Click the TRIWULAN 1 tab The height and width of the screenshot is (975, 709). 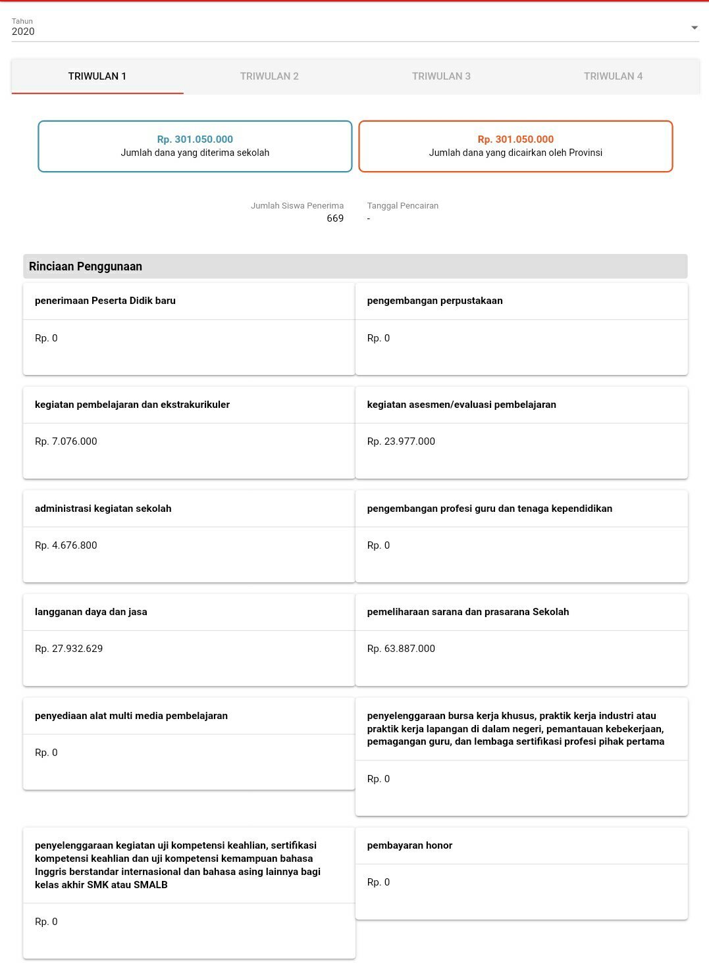coord(97,76)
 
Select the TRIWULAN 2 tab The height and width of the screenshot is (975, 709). coord(269,76)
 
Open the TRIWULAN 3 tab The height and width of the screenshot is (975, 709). coord(441,76)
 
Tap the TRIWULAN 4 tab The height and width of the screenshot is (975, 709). coord(613,76)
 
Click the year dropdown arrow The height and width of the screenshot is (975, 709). coord(694,28)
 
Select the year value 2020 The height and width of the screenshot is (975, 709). coord(24,32)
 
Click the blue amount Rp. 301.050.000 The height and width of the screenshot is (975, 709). coord(195,139)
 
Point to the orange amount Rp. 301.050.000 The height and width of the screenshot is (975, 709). coord(515,139)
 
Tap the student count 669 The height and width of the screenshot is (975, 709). coord(335,218)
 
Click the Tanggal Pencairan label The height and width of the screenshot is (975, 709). coord(403,206)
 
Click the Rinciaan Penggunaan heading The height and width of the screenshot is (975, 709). coord(86,266)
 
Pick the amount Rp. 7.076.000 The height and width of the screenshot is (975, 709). coord(66,441)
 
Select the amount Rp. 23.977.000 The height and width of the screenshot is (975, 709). coord(401,441)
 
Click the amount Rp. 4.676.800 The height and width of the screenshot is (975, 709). coord(66,545)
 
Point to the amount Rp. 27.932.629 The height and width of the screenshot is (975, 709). coord(69,649)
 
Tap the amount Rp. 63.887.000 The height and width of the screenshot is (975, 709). coord(401,649)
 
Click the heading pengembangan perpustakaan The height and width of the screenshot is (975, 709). coord(434,301)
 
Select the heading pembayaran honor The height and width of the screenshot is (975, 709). coord(409,845)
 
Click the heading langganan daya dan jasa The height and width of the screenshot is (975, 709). coord(91,612)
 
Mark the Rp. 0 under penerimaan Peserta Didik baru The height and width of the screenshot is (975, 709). coord(46,338)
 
